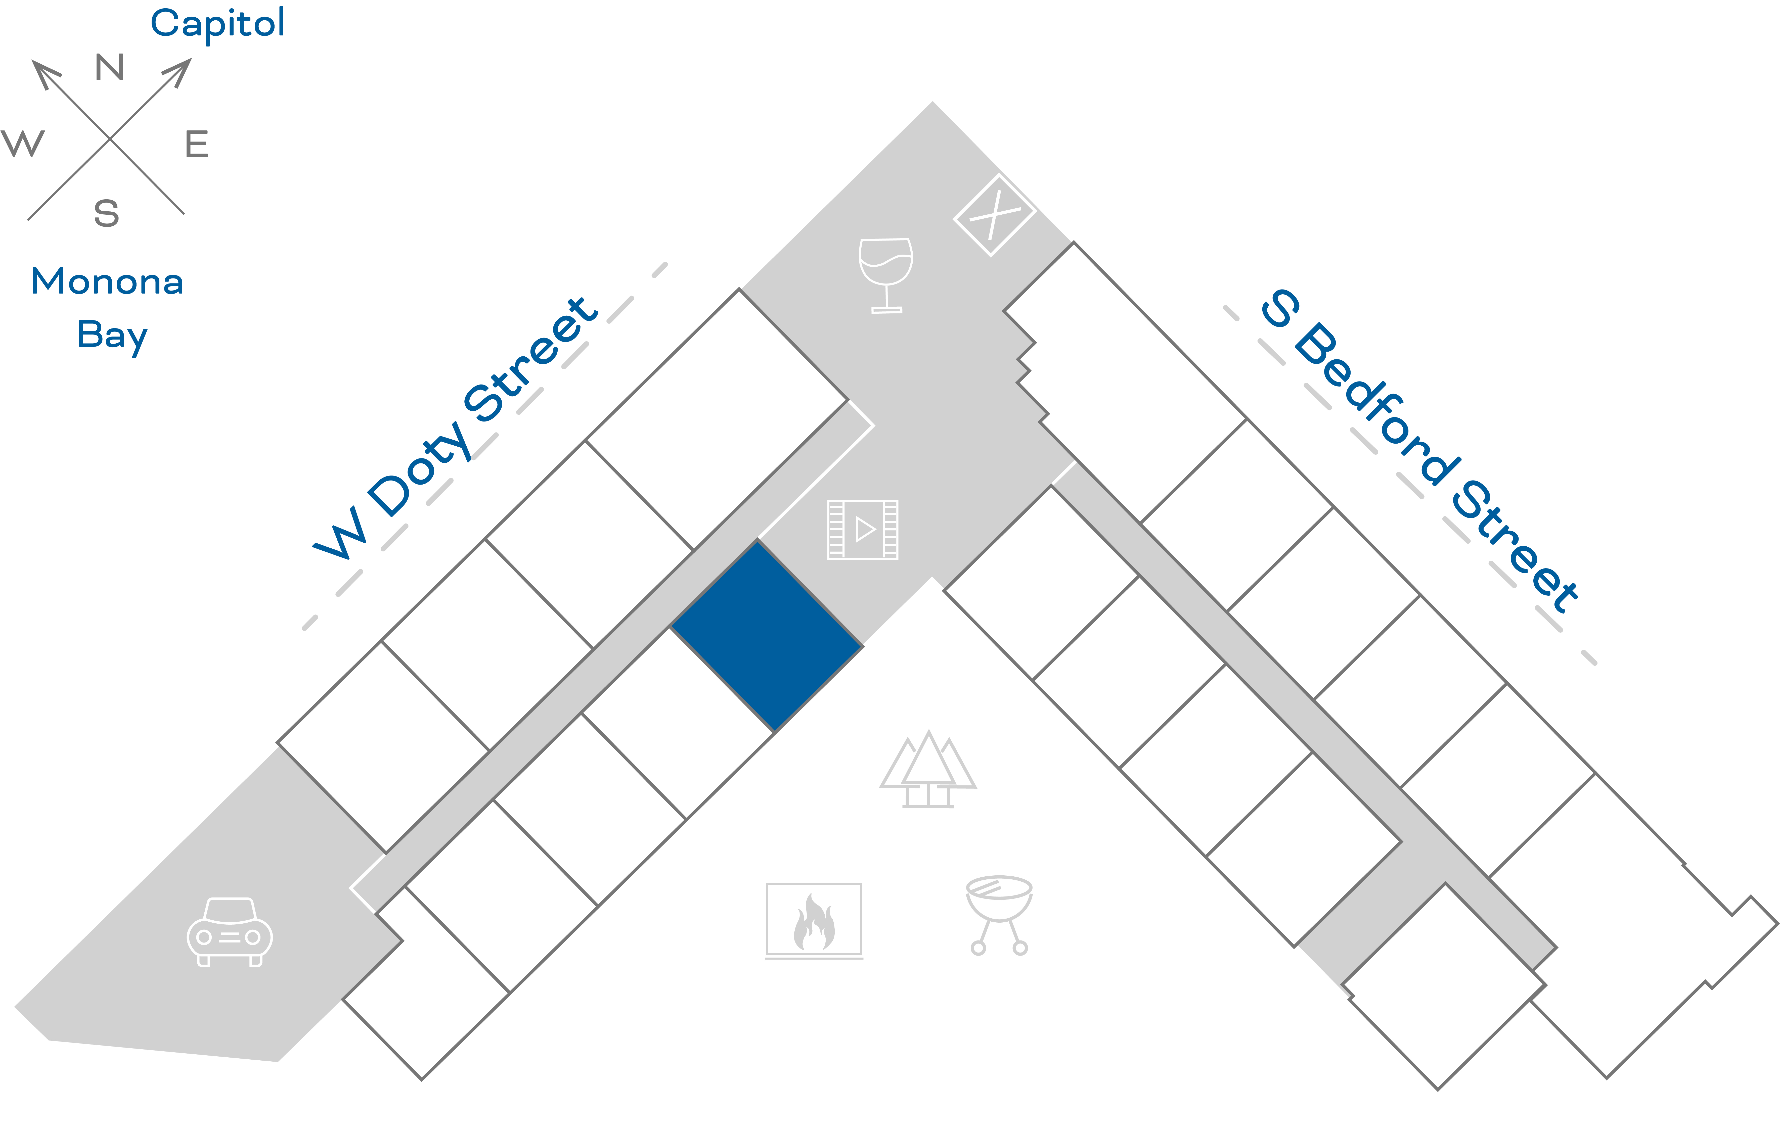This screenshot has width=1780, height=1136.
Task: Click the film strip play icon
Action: tap(863, 529)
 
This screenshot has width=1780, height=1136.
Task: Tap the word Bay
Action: tap(112, 335)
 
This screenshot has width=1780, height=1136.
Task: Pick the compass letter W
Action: tap(23, 143)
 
